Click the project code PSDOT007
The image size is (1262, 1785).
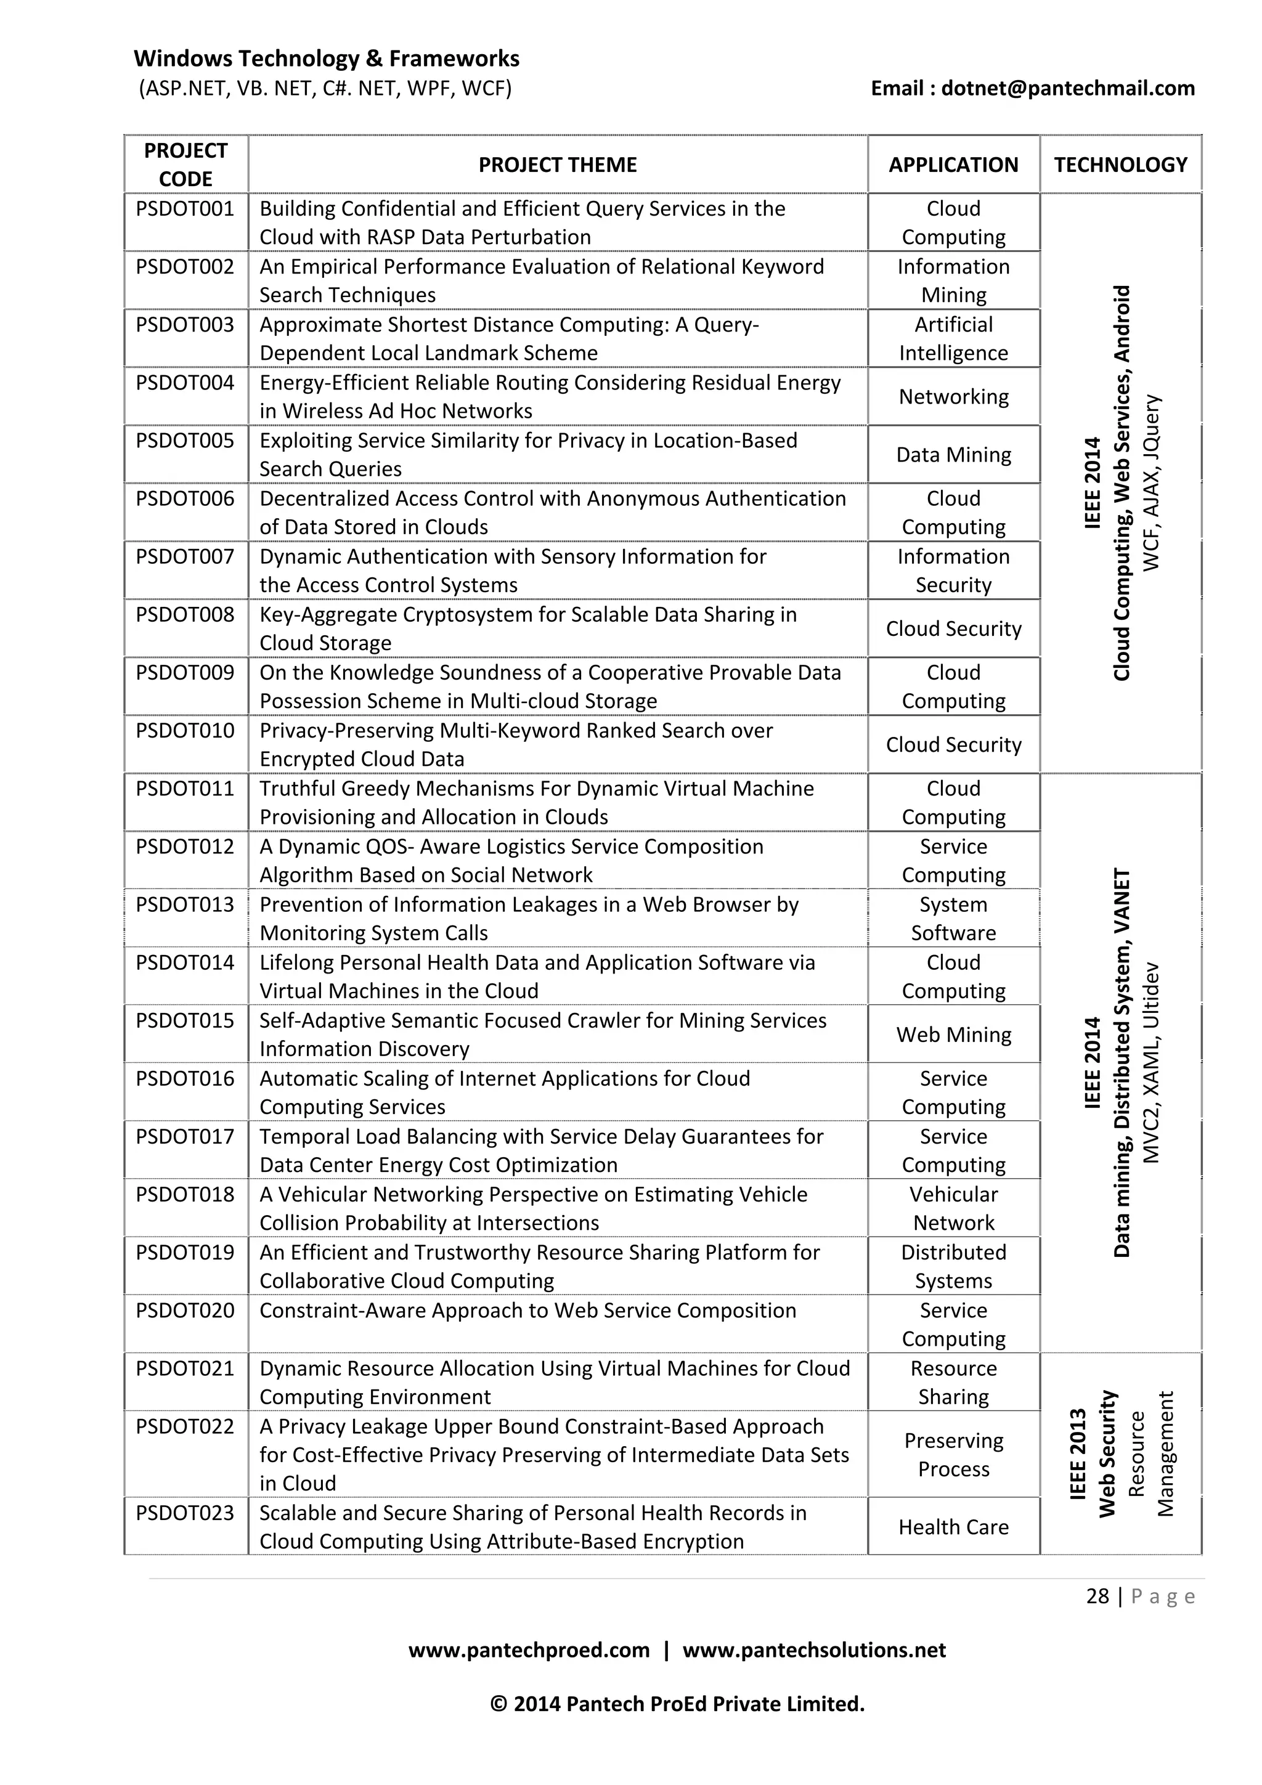[185, 556]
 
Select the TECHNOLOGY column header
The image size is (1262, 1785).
[1120, 165]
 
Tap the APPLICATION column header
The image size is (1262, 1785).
[953, 165]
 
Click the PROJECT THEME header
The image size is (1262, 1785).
[558, 165]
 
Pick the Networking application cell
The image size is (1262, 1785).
[953, 397]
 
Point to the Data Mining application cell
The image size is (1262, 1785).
[953, 455]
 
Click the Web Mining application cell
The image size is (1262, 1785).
[953, 1035]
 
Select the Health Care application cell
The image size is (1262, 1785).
[953, 1527]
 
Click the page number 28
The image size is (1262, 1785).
[1097, 1597]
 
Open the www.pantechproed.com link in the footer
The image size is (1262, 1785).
[529, 1649]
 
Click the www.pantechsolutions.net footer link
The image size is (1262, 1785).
[814, 1649]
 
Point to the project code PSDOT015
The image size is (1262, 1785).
[185, 1021]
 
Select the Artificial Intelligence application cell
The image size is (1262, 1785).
[953, 339]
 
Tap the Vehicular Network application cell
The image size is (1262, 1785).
[953, 1208]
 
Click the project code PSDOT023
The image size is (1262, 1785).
[185, 1513]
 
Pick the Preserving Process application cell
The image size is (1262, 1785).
[953, 1455]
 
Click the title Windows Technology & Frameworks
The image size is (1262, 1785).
[327, 59]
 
